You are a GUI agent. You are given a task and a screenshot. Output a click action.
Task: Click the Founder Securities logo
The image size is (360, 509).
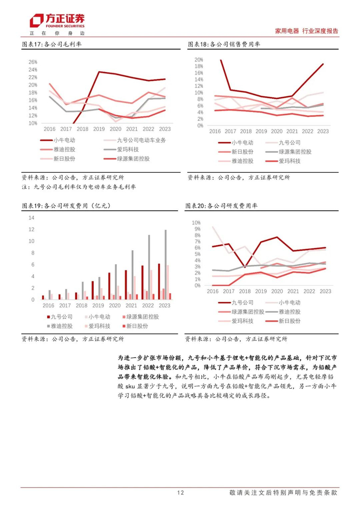(x=57, y=21)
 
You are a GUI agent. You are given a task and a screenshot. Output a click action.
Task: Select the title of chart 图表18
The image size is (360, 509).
(x=224, y=44)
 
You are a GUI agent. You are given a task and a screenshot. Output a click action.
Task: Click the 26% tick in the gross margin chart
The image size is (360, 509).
(x=32, y=62)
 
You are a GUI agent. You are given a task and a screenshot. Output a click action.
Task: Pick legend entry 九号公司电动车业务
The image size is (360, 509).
(x=139, y=140)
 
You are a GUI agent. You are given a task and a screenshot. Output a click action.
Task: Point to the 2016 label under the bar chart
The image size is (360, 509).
(x=48, y=305)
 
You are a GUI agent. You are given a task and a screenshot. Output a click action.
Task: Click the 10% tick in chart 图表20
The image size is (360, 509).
(x=196, y=223)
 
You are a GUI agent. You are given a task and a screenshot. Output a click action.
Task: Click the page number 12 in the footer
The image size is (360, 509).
(x=180, y=492)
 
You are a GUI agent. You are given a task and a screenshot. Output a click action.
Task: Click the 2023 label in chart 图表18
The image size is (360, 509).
(x=322, y=131)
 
